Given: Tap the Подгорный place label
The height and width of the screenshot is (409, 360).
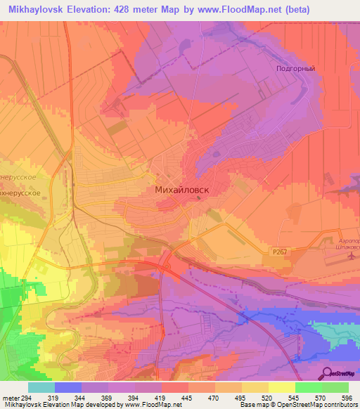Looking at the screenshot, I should click(295, 69).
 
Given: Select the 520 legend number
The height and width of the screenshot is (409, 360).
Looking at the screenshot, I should click(268, 398).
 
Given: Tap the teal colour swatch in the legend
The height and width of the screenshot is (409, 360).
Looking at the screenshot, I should click(41, 387).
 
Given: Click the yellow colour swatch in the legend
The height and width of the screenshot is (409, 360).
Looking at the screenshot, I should click(281, 387).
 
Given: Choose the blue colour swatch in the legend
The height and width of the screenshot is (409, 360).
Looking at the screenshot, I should click(68, 387).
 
